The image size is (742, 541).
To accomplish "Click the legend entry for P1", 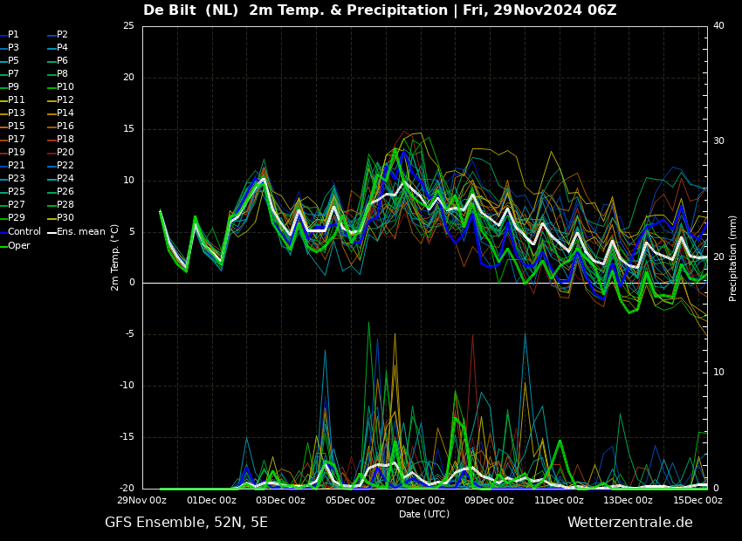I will click(13, 35).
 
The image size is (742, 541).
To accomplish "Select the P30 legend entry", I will click(65, 218).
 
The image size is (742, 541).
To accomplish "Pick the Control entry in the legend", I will click(24, 232).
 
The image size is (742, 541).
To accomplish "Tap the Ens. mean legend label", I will click(80, 232).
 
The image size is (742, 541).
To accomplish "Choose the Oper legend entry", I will click(19, 246).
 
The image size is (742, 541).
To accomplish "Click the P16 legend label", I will click(65, 127).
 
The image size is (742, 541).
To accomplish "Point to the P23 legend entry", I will click(17, 179).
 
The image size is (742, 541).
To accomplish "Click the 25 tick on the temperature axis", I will click(128, 26).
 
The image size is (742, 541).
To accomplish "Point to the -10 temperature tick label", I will click(127, 386).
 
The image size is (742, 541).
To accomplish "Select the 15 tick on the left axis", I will click(128, 129).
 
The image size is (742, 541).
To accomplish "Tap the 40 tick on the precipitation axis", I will click(718, 26).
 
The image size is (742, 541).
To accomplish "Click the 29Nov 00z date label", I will click(142, 501).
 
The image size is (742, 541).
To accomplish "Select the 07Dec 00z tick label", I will click(420, 501).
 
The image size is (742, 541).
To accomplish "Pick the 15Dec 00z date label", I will click(697, 501).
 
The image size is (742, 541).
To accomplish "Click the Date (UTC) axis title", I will click(424, 514).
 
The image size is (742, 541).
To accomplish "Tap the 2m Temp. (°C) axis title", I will click(115, 257).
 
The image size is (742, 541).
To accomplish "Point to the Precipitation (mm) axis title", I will click(733, 258).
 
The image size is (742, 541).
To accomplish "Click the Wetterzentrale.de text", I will click(629, 523).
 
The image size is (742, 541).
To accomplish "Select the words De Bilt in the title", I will click(173, 10).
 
